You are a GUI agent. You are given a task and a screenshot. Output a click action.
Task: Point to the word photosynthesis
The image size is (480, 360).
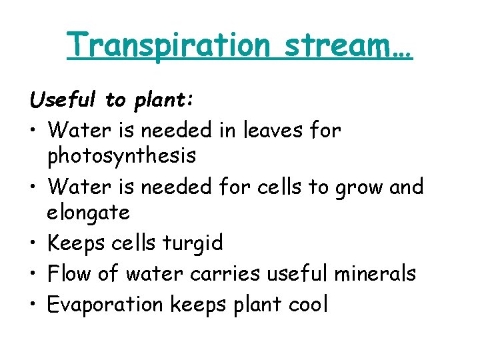pos(121,156)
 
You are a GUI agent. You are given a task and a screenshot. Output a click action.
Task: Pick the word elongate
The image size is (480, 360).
pos(89,213)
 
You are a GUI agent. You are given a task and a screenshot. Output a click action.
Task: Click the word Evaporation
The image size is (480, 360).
pos(106,305)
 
